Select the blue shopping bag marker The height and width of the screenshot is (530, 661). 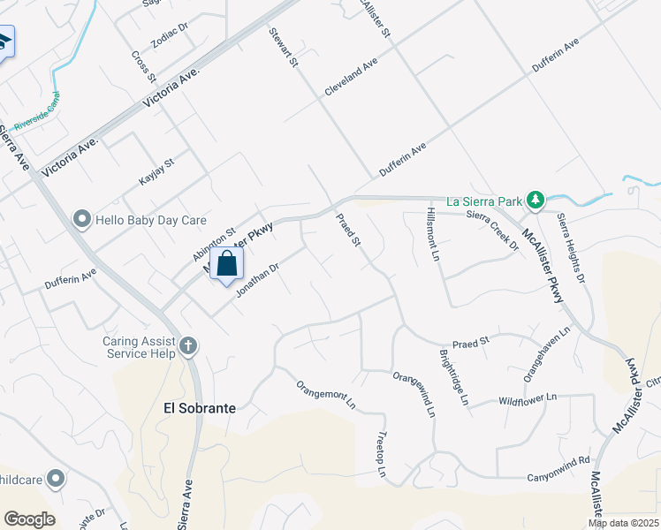tap(227, 264)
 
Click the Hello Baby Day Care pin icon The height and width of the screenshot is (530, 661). tap(82, 218)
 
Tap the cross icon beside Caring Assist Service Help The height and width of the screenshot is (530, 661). tap(187, 345)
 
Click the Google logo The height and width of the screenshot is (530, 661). tap(29, 519)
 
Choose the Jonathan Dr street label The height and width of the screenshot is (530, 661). tap(257, 279)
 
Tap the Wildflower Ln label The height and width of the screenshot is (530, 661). tap(529, 399)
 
